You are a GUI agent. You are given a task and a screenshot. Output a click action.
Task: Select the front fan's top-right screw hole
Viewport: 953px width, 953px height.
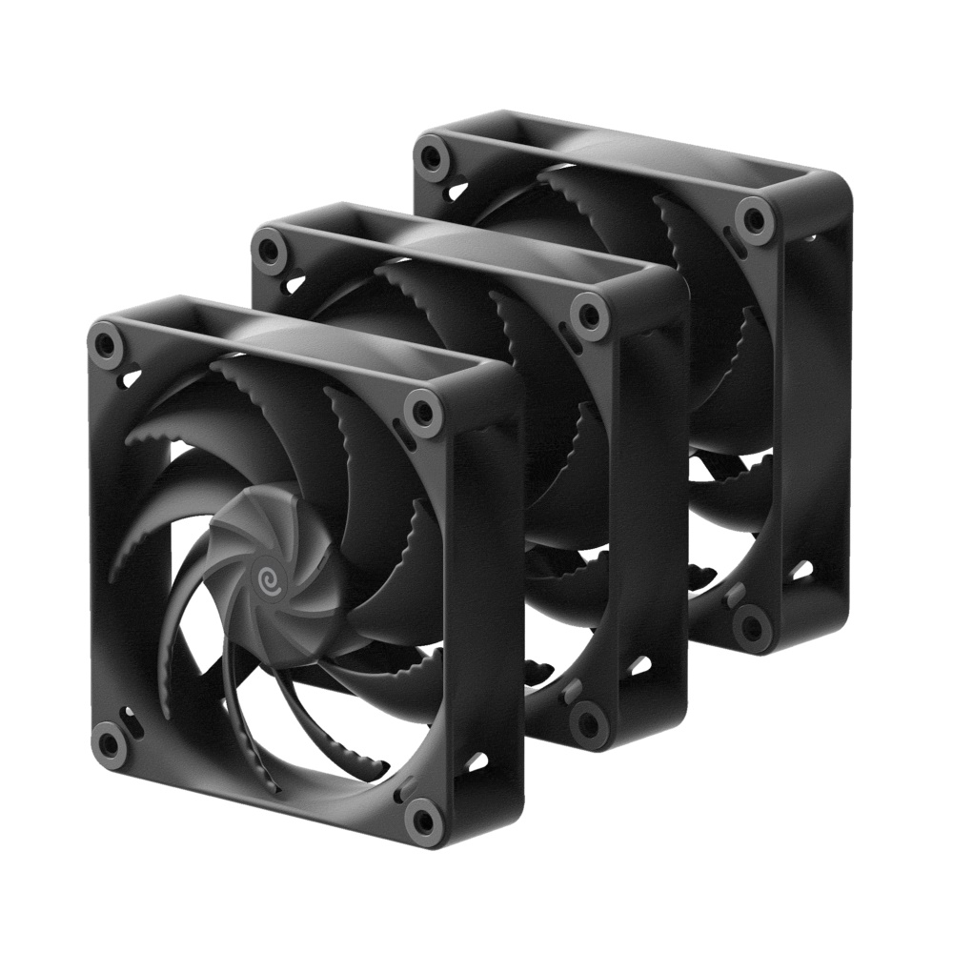click(419, 412)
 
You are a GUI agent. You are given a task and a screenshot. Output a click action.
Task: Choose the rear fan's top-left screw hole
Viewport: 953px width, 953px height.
click(434, 153)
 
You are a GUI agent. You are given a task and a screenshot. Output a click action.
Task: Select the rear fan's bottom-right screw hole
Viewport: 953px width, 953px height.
click(753, 624)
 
